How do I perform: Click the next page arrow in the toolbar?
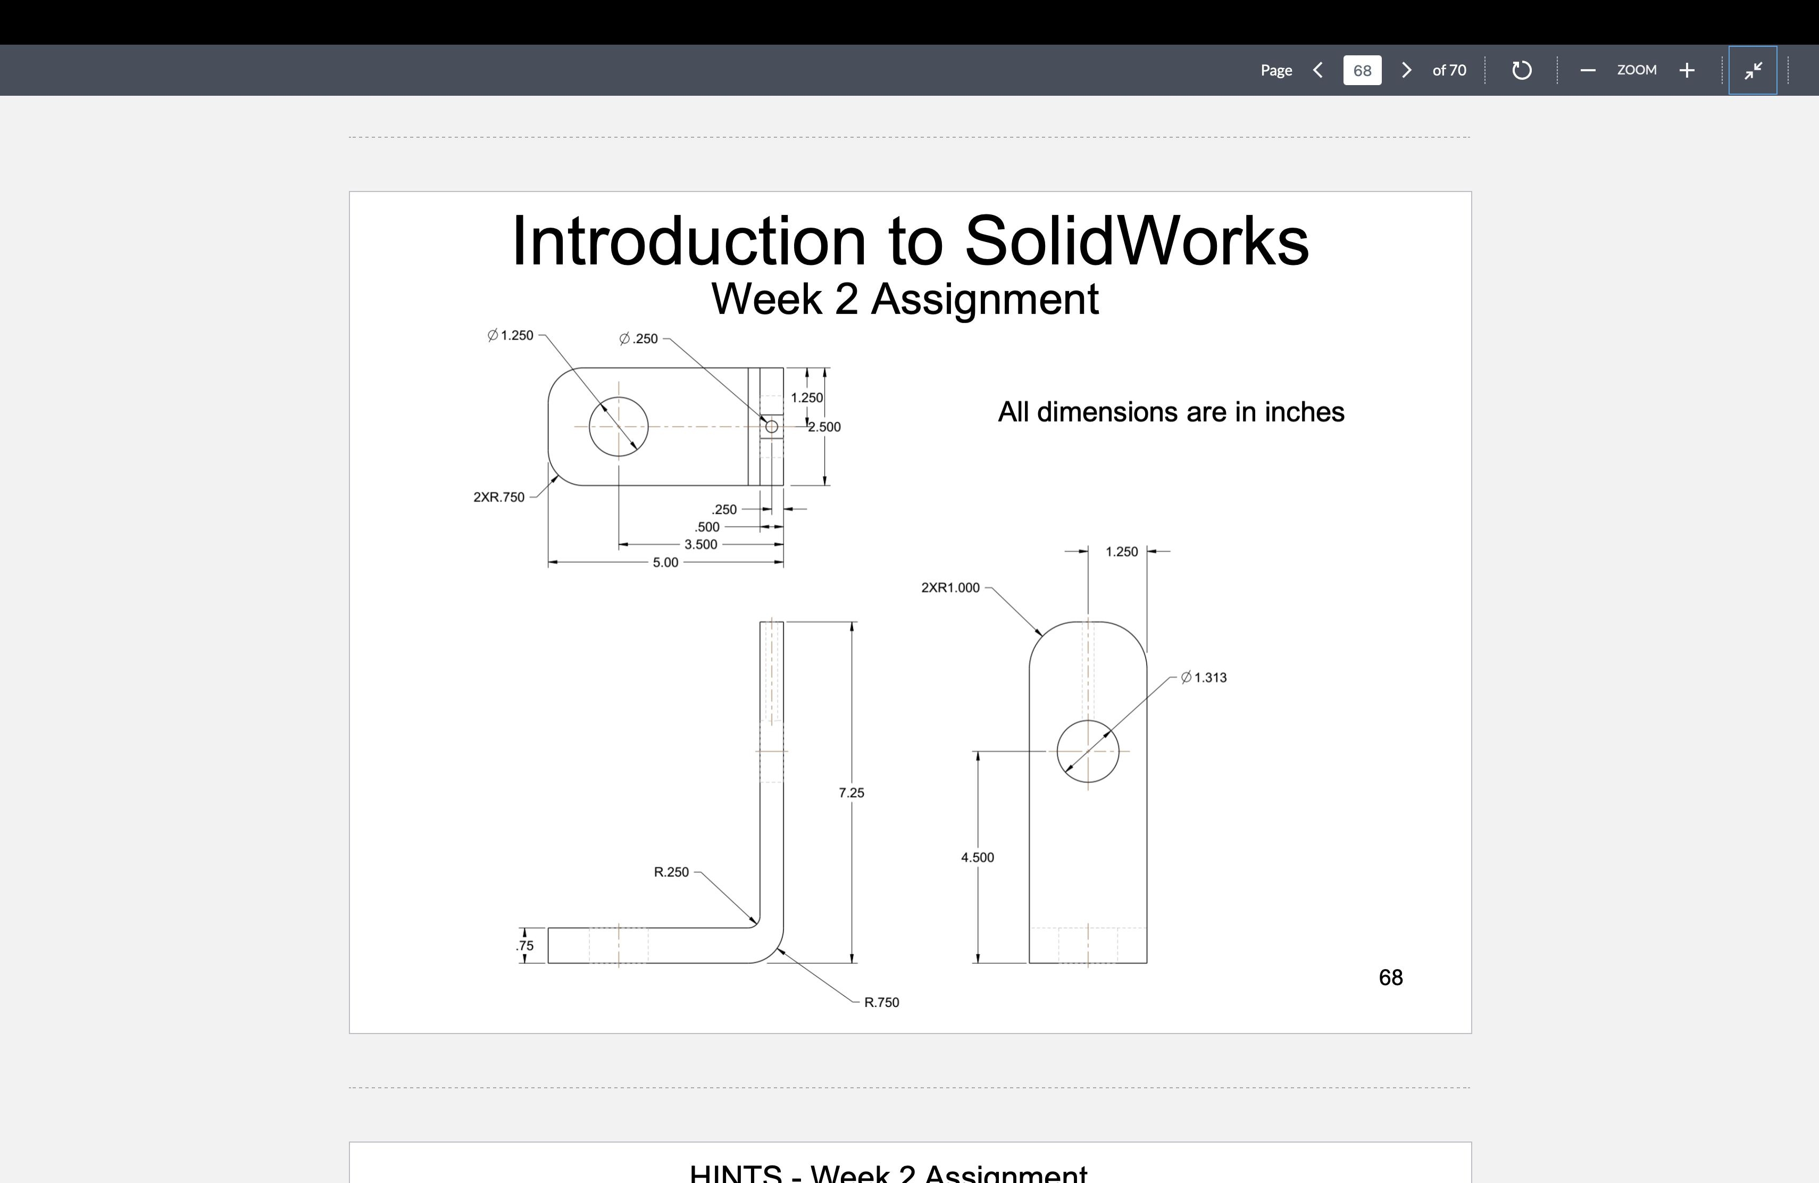[1406, 70]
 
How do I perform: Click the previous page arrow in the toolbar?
[1317, 70]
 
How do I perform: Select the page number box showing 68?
[1362, 70]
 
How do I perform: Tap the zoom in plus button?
[1687, 70]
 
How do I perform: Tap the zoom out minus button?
[1588, 70]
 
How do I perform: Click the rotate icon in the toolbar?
[1521, 70]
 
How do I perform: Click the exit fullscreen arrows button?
[1753, 70]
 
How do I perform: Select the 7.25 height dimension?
[852, 793]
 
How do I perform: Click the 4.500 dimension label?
[978, 857]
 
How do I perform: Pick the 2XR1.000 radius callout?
[950, 588]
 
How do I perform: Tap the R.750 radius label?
[881, 1003]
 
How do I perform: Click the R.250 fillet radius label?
[671, 872]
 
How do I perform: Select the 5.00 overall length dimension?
[665, 562]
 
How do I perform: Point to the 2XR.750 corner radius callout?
[499, 497]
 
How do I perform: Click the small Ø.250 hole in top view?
[772, 427]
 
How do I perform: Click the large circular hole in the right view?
[1088, 751]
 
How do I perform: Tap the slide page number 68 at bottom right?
[1390, 978]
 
